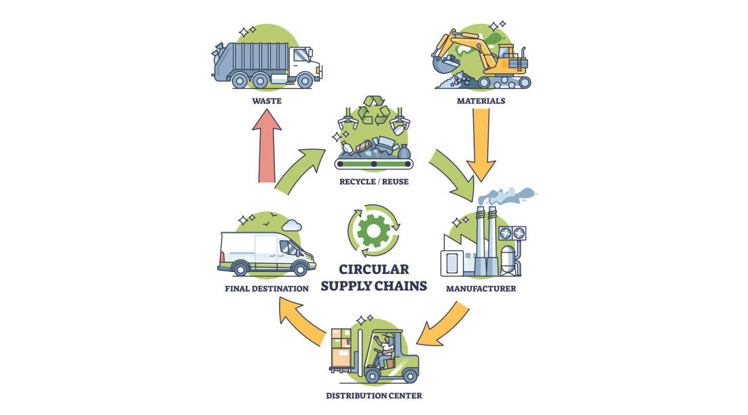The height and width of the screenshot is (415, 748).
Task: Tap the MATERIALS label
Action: pos(481,101)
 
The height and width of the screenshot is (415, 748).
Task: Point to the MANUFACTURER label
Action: pos(481,288)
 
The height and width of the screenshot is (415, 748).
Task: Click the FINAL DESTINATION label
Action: pos(266,288)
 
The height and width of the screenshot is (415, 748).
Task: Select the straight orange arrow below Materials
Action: pos(481,146)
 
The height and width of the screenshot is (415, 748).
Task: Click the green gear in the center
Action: pos(373,231)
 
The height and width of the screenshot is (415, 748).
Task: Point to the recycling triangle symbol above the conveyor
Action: pos(373,111)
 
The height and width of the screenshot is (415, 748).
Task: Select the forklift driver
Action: pos(385,349)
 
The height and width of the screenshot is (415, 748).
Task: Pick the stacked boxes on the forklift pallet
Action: pos(342,349)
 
